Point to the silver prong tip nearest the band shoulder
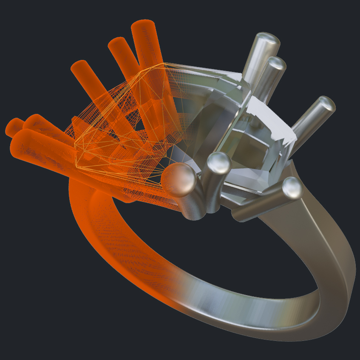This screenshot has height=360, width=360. pos(292,188)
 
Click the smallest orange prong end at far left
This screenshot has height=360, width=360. pos(13,127)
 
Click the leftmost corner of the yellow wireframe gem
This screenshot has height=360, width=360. pos(76,147)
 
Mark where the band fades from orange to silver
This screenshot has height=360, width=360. pos(179,289)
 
